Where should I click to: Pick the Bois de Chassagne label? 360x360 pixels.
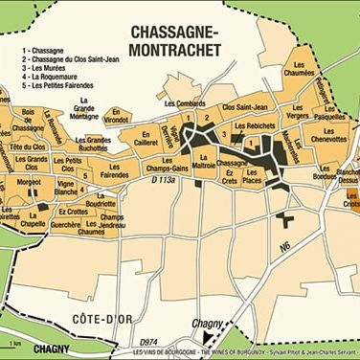click(x=34, y=122)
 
